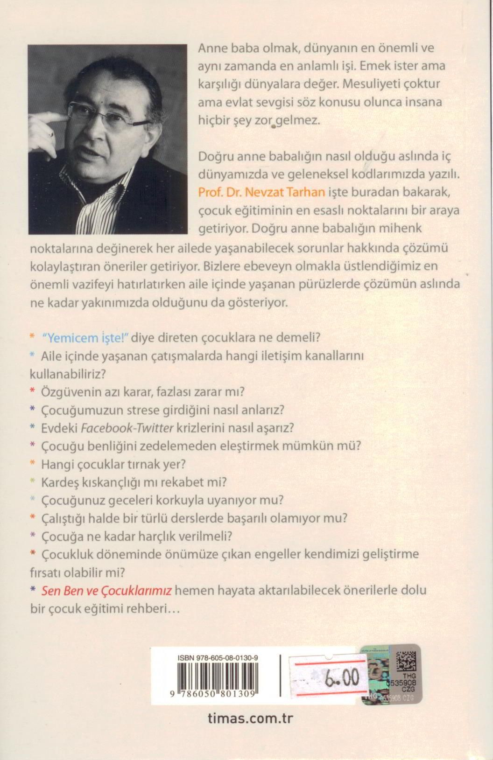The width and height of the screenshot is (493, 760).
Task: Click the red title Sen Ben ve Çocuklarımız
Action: (x=107, y=590)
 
